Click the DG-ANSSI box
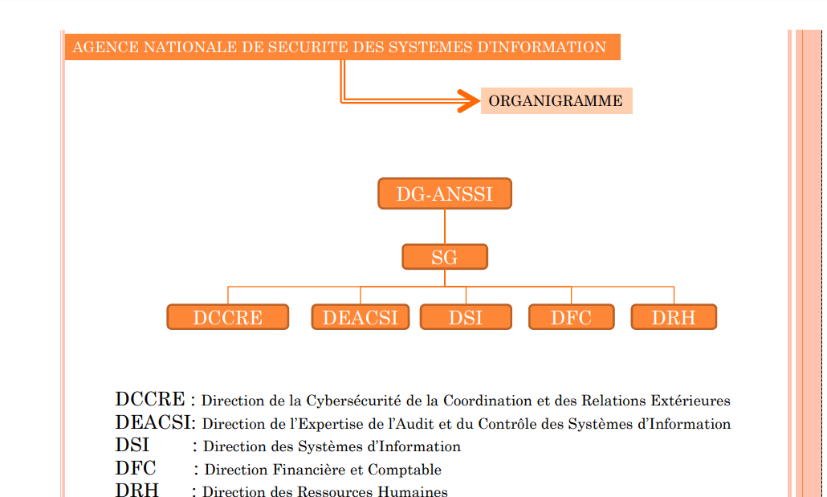point(445,194)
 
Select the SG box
point(445,257)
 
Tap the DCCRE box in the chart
point(228,317)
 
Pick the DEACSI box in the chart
point(361,317)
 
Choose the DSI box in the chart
point(466,317)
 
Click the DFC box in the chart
point(571,317)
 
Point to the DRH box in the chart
point(674,317)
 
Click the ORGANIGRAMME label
point(556,101)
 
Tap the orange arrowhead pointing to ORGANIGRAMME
point(468,101)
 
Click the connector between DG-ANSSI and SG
point(445,227)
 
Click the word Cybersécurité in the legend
point(354,401)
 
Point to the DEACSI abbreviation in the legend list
point(153,422)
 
